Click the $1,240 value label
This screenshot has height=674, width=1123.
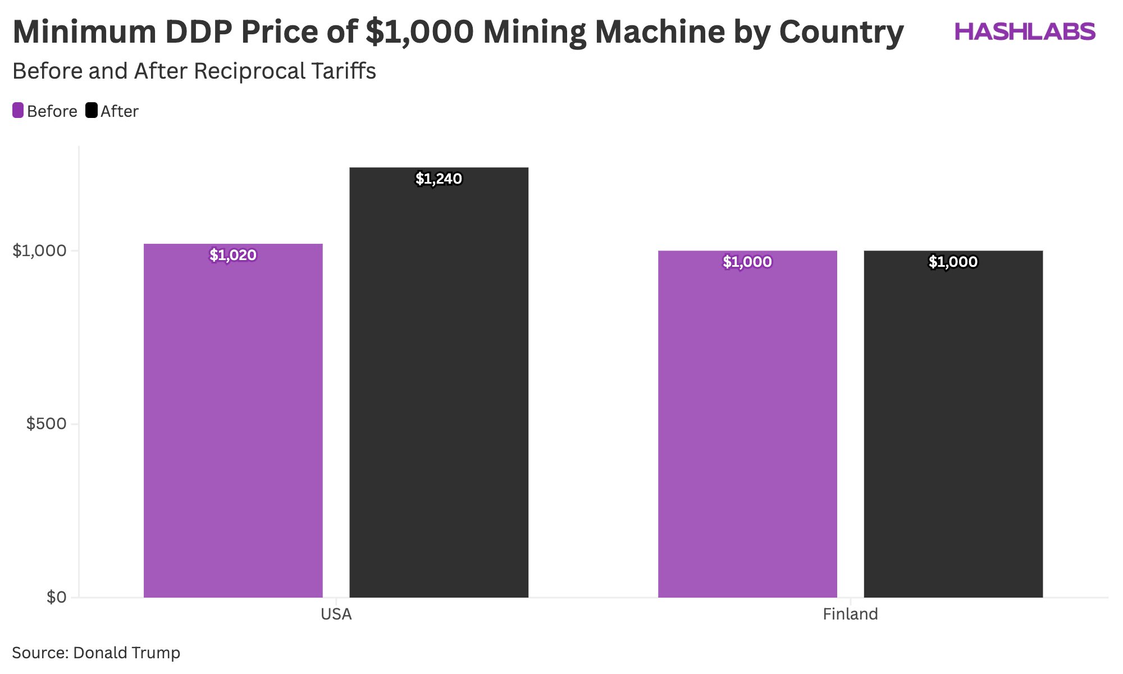pos(439,179)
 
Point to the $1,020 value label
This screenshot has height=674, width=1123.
pos(233,255)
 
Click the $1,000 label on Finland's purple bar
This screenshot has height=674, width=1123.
pos(747,262)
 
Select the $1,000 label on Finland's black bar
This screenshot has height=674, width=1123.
pos(953,262)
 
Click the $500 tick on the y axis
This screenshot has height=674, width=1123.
pos(46,424)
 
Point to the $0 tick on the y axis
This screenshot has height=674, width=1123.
pos(56,597)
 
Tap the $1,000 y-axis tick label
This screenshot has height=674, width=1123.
pos(39,251)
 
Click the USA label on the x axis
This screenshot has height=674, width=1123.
pos(336,614)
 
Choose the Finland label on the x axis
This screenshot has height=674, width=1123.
pos(850,614)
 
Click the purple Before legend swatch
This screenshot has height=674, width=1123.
pos(18,111)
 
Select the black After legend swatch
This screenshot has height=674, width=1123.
pos(92,111)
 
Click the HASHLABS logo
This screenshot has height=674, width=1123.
pos(1025,32)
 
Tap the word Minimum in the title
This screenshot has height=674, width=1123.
pos(84,32)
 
